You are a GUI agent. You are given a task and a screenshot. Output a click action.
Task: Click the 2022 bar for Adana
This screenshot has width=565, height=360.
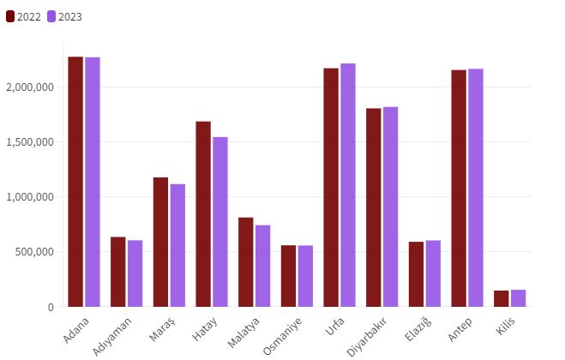(x=75, y=182)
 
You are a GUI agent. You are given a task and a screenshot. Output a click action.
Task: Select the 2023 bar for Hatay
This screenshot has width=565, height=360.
(x=220, y=222)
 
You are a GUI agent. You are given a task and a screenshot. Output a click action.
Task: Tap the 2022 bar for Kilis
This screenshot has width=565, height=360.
(x=502, y=298)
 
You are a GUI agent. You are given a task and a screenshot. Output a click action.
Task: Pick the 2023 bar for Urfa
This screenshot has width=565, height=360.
(x=348, y=185)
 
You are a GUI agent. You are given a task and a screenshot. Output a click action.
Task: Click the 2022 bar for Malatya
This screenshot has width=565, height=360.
(x=246, y=262)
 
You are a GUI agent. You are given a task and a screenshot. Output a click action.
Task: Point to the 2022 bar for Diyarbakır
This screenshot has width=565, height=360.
(x=374, y=207)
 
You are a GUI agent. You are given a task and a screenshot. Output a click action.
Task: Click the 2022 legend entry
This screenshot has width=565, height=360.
(x=23, y=16)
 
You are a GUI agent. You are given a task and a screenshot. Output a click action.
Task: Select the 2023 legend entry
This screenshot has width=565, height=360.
(x=64, y=16)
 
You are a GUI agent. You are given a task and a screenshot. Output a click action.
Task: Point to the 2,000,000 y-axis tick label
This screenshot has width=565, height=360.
(x=30, y=87)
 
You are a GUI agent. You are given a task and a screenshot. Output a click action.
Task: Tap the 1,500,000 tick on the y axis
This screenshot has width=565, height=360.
(x=30, y=142)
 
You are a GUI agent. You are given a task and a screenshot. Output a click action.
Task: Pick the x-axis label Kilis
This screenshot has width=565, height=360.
(x=505, y=327)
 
